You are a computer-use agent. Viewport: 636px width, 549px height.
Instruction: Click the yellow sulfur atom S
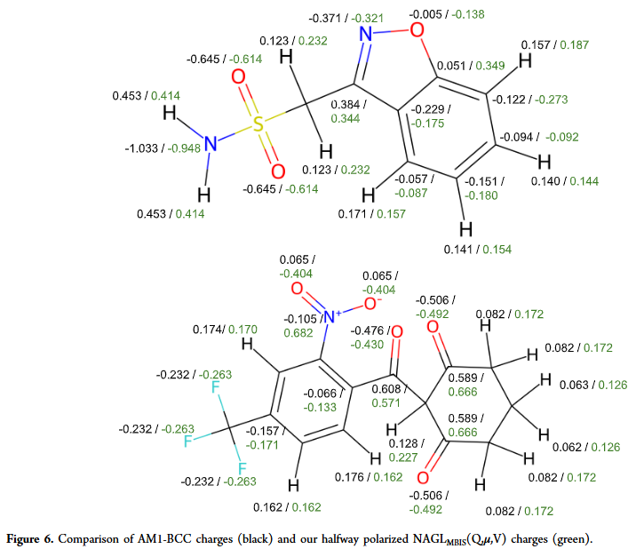258,123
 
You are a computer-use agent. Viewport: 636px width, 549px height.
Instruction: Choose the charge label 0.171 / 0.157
370,214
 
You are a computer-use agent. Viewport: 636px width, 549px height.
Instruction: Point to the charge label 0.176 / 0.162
368,477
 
